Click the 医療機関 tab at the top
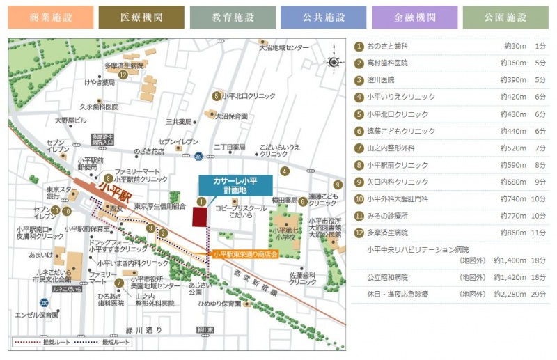pyautogui.click(x=141, y=17)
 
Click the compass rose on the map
pyautogui.click(x=334, y=62)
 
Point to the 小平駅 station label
pyautogui.click(x=112, y=187)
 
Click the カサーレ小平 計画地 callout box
pyautogui.click(x=235, y=185)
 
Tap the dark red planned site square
pyautogui.click(x=201, y=215)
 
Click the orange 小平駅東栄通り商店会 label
pyautogui.click(x=245, y=254)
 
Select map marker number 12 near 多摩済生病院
pyautogui.click(x=123, y=75)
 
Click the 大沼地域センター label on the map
pyautogui.click(x=283, y=47)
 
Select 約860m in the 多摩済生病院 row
pyautogui.click(x=514, y=232)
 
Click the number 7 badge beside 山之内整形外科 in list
pyautogui.click(x=359, y=148)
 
